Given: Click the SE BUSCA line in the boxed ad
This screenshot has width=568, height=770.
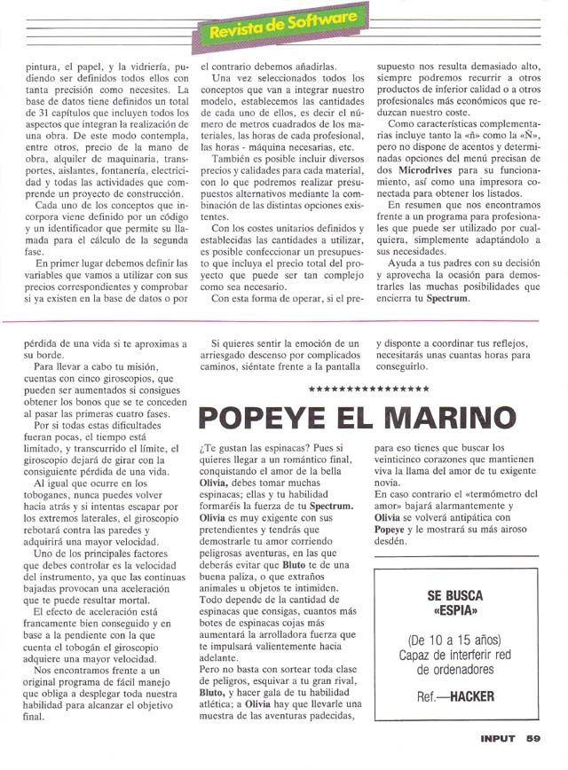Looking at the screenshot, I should coord(455,596).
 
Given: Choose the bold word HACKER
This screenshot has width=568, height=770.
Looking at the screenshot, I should coord(471,696).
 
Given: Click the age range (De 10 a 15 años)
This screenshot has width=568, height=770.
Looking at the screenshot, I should coord(455,640).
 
